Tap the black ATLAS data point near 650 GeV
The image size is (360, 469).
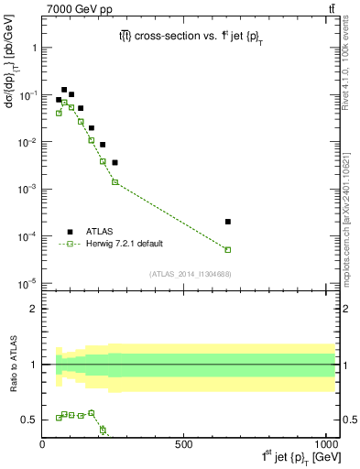(228, 222)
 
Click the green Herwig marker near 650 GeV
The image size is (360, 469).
(228, 249)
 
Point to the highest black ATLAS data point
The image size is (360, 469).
(64, 90)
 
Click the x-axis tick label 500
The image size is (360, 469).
(184, 445)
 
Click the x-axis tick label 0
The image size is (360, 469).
(42, 445)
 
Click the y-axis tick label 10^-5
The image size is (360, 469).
(25, 283)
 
